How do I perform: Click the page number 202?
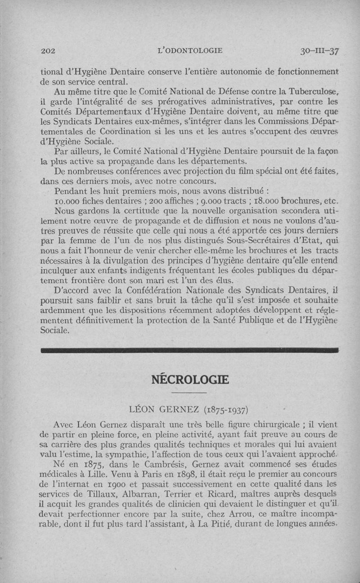pyautogui.click(x=47, y=51)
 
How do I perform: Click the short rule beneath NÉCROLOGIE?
pyautogui.click(x=189, y=393)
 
